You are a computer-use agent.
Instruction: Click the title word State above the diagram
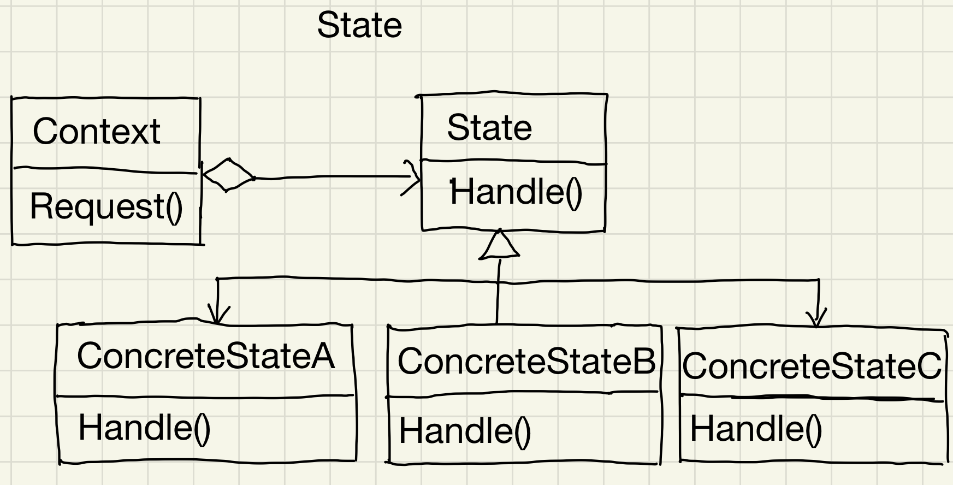pyautogui.click(x=359, y=25)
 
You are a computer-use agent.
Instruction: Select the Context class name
pyautogui.click(x=97, y=132)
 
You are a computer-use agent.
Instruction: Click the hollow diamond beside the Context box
pyautogui.click(x=228, y=175)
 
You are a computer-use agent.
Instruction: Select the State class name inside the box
pyautogui.click(x=489, y=128)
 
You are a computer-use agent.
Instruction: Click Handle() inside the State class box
pyautogui.click(x=516, y=192)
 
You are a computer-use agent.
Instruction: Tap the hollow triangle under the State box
pyautogui.click(x=499, y=245)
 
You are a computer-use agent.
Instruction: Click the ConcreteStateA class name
pyautogui.click(x=205, y=356)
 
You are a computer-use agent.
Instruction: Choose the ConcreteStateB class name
pyautogui.click(x=526, y=361)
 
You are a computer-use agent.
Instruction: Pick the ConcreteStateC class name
pyautogui.click(x=812, y=365)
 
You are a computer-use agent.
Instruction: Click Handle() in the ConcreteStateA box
pyautogui.click(x=144, y=427)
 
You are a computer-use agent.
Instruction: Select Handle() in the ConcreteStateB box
pyautogui.click(x=465, y=431)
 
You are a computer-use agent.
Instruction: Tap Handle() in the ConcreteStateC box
pyautogui.click(x=756, y=428)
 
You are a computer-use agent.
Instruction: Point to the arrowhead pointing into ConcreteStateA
pyautogui.click(x=218, y=316)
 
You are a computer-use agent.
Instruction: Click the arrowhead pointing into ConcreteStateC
pyautogui.click(x=816, y=318)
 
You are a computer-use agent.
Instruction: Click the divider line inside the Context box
pyautogui.click(x=105, y=170)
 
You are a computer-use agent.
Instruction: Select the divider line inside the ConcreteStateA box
pyautogui.click(x=205, y=395)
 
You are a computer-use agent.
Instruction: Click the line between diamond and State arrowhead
pyautogui.click(x=328, y=176)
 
